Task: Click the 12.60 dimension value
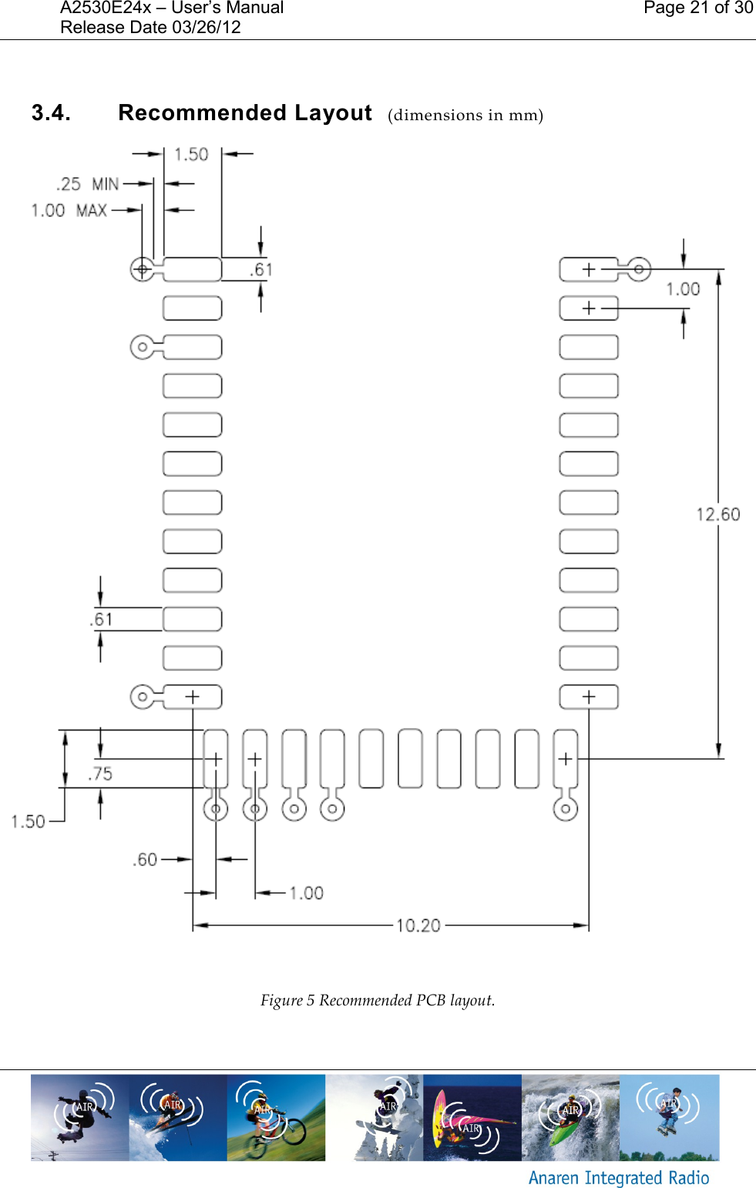(717, 514)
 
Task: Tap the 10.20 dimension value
(418, 925)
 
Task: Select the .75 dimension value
(100, 774)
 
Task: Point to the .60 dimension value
(145, 859)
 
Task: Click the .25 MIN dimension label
(88, 184)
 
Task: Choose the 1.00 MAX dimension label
(69, 210)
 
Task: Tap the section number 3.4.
(51, 113)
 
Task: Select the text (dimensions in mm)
(465, 116)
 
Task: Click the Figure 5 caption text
(378, 1000)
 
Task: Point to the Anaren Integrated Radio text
(618, 1177)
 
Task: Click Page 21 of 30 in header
(697, 8)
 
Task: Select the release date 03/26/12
(207, 28)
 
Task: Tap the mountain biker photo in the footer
(276, 1117)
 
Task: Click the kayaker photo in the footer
(570, 1117)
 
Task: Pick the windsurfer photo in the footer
(472, 1117)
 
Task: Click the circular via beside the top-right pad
(638, 270)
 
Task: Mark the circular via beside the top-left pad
(142, 270)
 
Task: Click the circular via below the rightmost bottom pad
(566, 809)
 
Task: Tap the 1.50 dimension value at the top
(191, 154)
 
